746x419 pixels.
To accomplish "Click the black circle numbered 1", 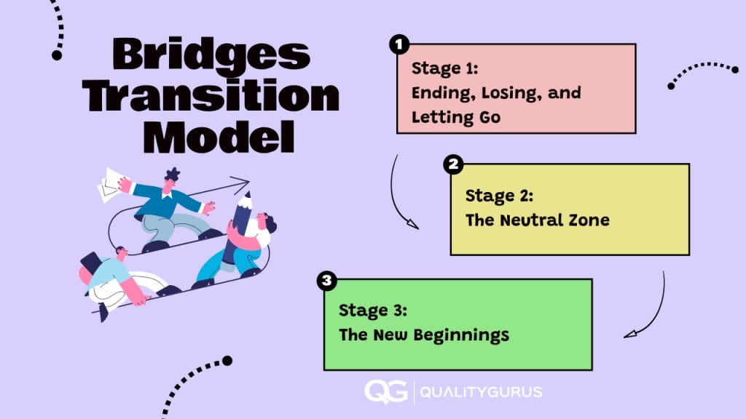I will [398, 45].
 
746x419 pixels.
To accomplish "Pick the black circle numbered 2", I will [452, 164].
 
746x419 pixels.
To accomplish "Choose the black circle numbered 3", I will [327, 280].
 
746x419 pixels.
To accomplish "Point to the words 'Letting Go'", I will [456, 117].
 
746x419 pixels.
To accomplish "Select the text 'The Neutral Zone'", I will [537, 220].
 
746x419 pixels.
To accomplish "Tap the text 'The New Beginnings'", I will [423, 335].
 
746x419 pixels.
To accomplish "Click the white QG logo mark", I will [385, 391].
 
